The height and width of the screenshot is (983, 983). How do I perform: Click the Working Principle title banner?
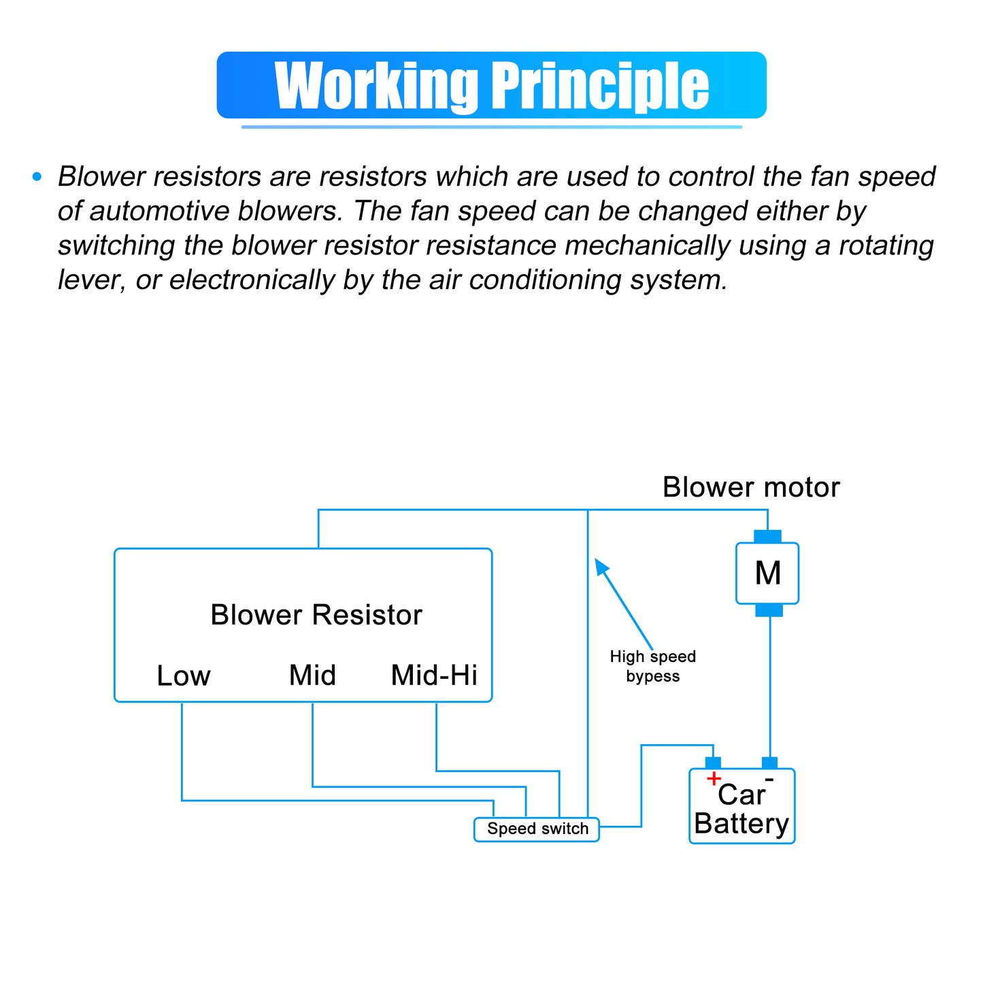point(490,85)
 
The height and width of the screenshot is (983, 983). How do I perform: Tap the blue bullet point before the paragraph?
point(37,177)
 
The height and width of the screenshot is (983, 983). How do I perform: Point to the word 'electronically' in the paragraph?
point(252,280)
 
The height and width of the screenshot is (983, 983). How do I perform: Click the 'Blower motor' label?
point(751,487)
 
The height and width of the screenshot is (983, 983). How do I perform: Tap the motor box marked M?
point(767,573)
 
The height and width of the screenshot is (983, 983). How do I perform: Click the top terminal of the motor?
point(767,536)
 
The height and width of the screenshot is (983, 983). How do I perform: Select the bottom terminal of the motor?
point(769,611)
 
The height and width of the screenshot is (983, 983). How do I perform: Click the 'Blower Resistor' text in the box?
point(316,615)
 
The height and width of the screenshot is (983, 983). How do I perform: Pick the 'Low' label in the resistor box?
point(183,676)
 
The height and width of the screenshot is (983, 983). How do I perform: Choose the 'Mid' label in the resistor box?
point(312,676)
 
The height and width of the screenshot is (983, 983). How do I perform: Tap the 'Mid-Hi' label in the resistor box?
point(434,676)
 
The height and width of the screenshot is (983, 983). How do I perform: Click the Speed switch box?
point(537,829)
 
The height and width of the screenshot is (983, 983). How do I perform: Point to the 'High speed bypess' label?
point(652,666)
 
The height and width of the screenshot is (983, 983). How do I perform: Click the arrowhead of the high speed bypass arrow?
point(601,566)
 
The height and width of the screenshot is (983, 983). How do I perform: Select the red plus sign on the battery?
point(714,778)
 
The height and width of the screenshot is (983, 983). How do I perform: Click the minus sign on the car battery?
point(769,780)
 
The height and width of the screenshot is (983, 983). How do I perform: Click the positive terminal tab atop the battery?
point(713,763)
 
